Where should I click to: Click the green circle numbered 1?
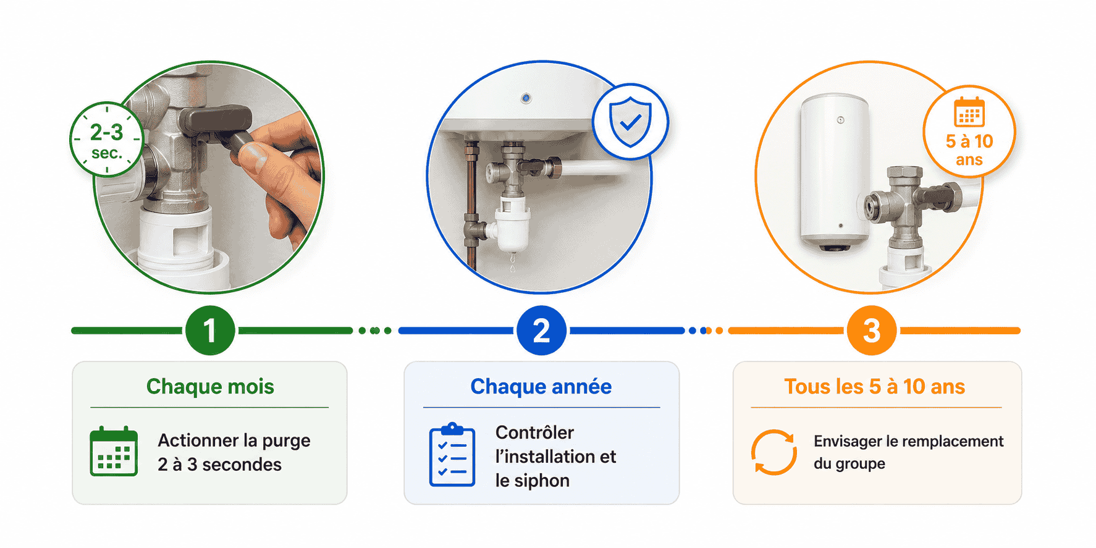point(210,331)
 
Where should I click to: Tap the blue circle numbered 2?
point(541,331)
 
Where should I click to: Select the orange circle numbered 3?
point(872,331)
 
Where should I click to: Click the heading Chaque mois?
point(210,386)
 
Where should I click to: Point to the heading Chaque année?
point(541,386)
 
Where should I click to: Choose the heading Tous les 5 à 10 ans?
point(875,386)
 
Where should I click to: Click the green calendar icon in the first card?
point(114,451)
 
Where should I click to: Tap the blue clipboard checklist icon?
point(452,455)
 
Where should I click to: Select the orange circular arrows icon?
point(774,452)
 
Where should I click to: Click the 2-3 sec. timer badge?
point(107,140)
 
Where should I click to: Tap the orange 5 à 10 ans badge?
point(969,132)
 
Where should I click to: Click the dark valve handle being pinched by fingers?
point(220,127)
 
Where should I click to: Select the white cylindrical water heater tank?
point(835,172)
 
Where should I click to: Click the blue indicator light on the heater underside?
point(526,98)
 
